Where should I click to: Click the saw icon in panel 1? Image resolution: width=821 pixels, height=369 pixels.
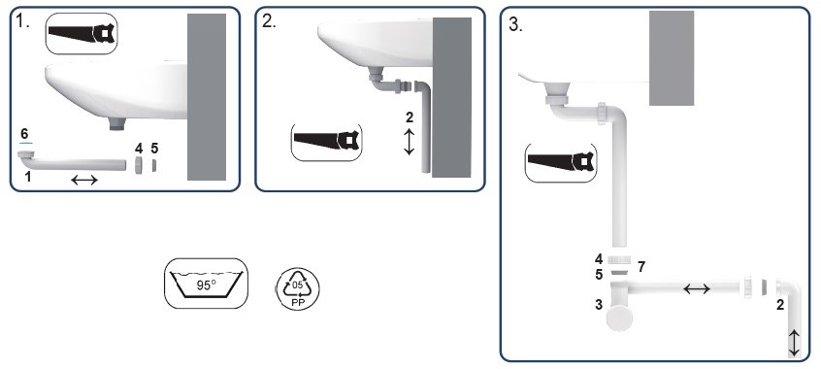click(82, 34)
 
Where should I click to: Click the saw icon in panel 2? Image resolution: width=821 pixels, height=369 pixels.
click(327, 142)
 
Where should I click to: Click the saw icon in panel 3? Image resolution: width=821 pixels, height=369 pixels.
click(561, 162)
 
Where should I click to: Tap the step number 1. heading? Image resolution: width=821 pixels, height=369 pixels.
click(22, 22)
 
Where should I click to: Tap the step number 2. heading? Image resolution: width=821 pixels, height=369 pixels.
click(269, 22)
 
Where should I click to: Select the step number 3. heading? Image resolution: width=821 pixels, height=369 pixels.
click(515, 25)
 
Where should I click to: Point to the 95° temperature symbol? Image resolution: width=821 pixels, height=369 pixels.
click(207, 284)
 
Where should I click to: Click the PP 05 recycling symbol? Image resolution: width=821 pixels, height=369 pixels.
click(297, 288)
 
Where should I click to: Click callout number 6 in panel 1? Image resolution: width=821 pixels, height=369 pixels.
click(24, 134)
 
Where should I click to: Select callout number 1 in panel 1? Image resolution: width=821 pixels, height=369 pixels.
click(28, 177)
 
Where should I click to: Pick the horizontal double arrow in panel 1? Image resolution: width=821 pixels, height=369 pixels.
click(84, 181)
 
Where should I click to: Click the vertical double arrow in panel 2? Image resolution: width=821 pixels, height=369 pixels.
click(409, 142)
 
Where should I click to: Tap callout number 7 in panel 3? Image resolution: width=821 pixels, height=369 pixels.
click(640, 267)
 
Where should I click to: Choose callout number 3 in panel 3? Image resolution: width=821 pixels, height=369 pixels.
click(599, 305)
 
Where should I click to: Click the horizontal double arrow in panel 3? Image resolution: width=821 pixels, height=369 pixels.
click(697, 288)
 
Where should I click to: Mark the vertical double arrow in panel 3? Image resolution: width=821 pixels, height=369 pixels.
click(794, 343)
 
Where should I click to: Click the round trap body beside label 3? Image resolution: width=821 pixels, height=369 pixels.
click(620, 319)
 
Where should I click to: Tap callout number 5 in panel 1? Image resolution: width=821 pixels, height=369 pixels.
click(154, 149)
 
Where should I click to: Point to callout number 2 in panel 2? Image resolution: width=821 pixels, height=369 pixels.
click(410, 117)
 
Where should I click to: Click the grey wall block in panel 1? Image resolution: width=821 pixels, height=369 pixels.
click(207, 97)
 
